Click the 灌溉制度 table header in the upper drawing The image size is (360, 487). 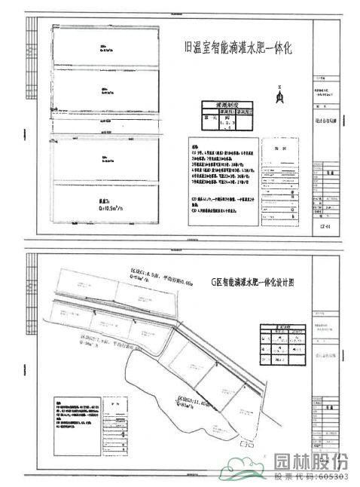[x=227, y=106]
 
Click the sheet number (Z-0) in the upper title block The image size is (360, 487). [x=325, y=225]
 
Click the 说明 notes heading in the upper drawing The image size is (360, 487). [x=194, y=148]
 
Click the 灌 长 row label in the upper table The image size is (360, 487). [x=212, y=118]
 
